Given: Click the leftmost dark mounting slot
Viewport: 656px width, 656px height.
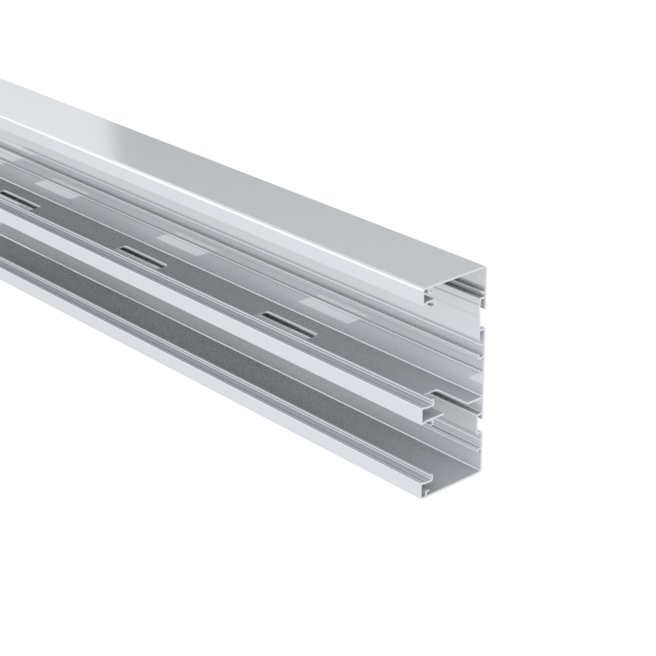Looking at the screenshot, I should pyautogui.click(x=19, y=200).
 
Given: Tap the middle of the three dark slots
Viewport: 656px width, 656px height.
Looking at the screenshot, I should pyautogui.click(x=142, y=257).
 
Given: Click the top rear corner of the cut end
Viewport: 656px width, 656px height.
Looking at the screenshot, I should pyautogui.click(x=484, y=270).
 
